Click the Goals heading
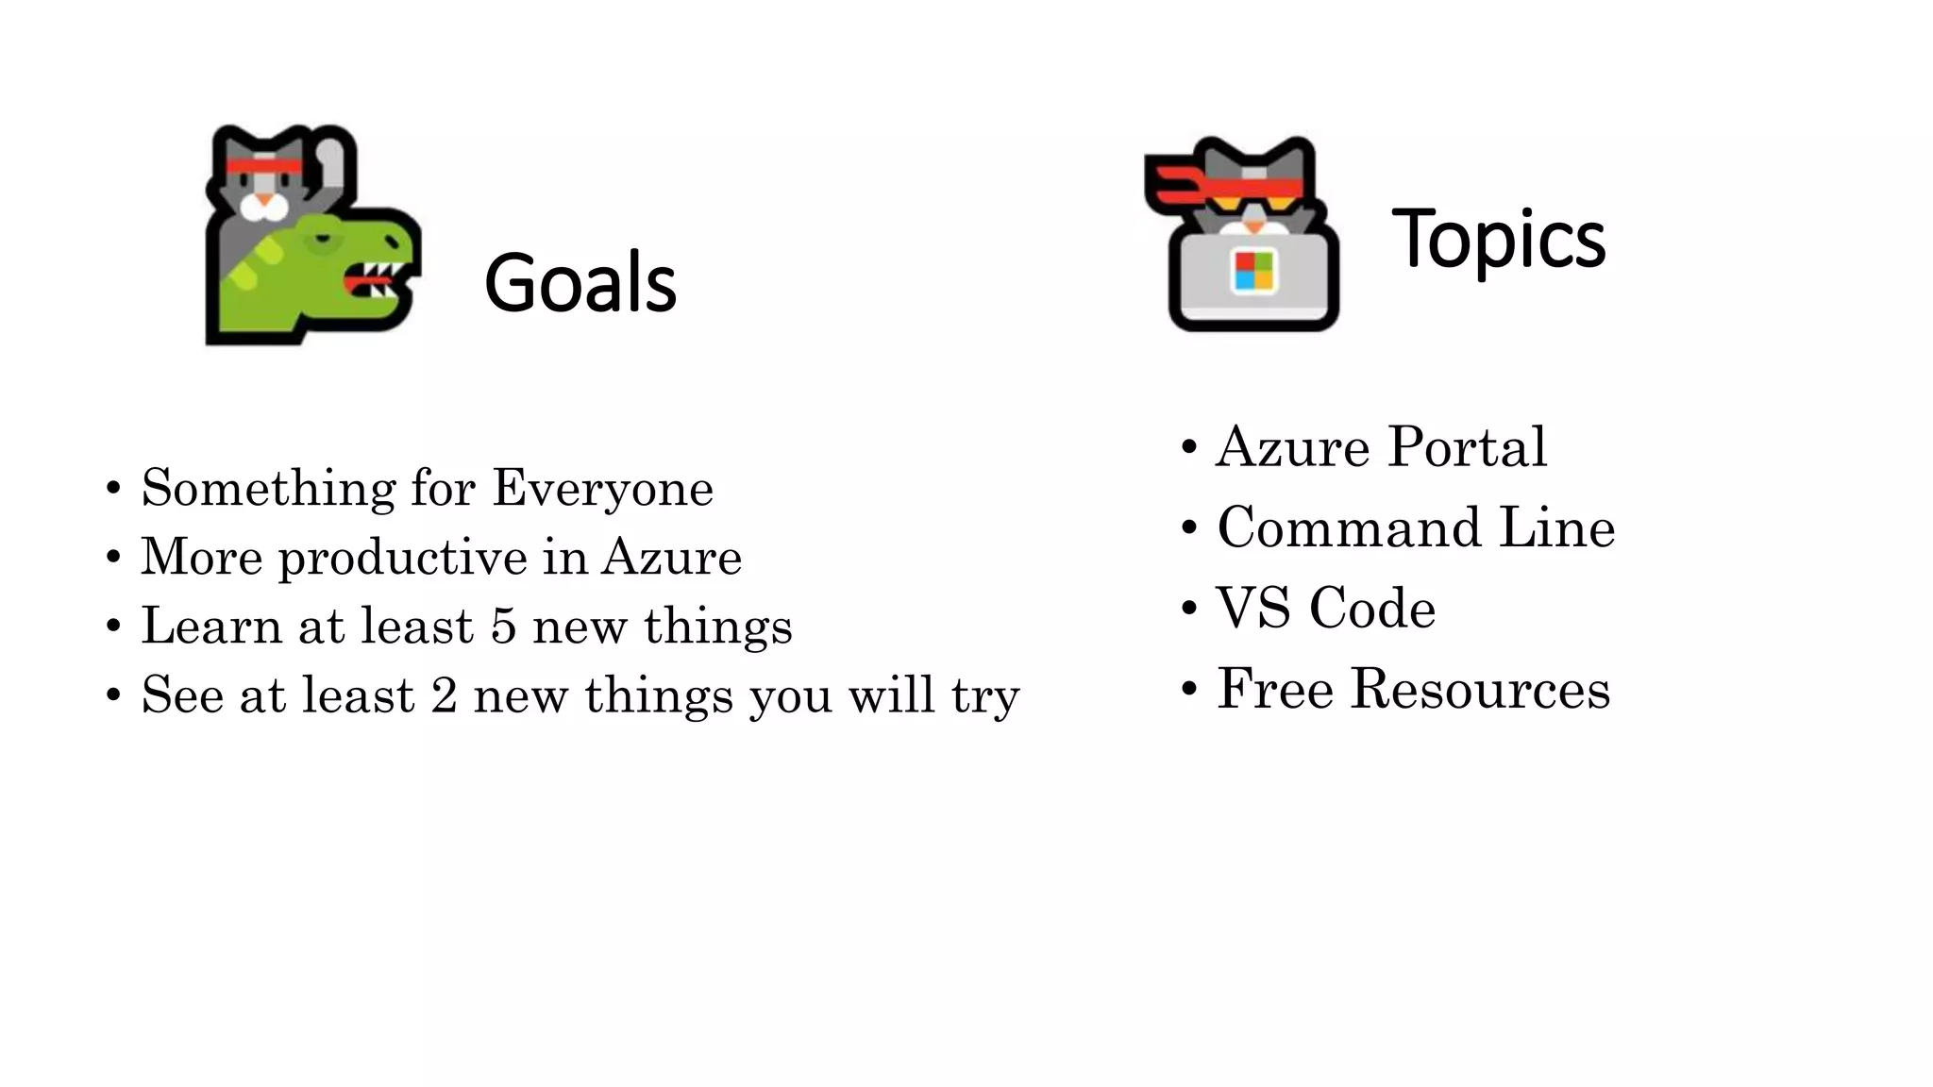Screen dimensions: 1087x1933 [580, 282]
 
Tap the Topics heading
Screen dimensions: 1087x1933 [1498, 239]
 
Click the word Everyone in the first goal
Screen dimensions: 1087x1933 [602, 489]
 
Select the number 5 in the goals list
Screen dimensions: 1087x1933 [503, 627]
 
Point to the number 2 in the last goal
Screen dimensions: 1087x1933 [444, 695]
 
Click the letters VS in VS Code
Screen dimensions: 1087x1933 [1252, 608]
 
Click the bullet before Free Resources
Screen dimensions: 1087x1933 [1189, 690]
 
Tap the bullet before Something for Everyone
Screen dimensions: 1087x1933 [113, 489]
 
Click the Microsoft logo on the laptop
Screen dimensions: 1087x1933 [1254, 271]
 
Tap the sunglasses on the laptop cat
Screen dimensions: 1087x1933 [1252, 201]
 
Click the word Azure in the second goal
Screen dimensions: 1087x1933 [671, 557]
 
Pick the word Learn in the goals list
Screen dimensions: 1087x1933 [210, 627]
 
